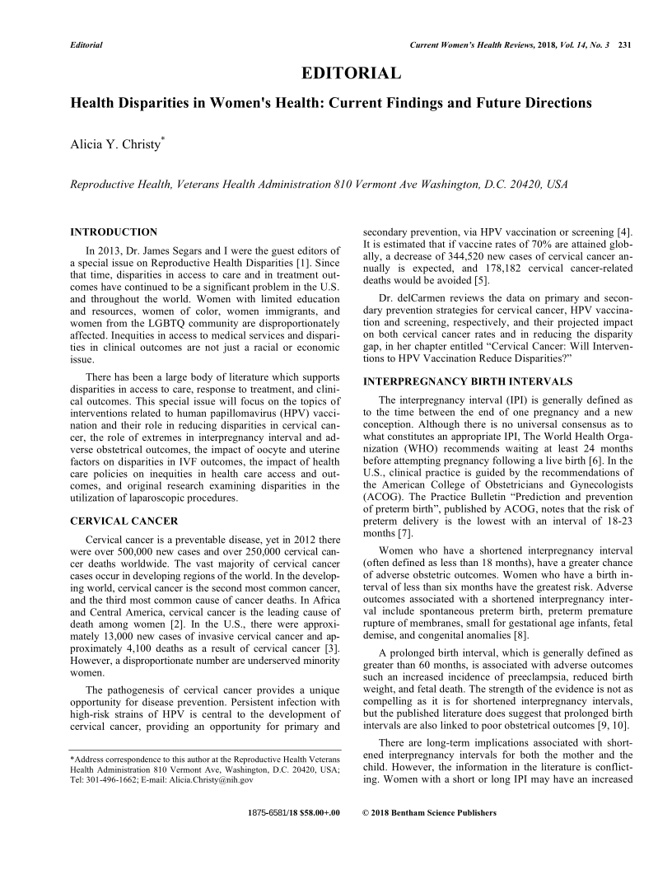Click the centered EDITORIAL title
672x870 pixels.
[352, 75]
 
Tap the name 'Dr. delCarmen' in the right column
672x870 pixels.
[408, 296]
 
